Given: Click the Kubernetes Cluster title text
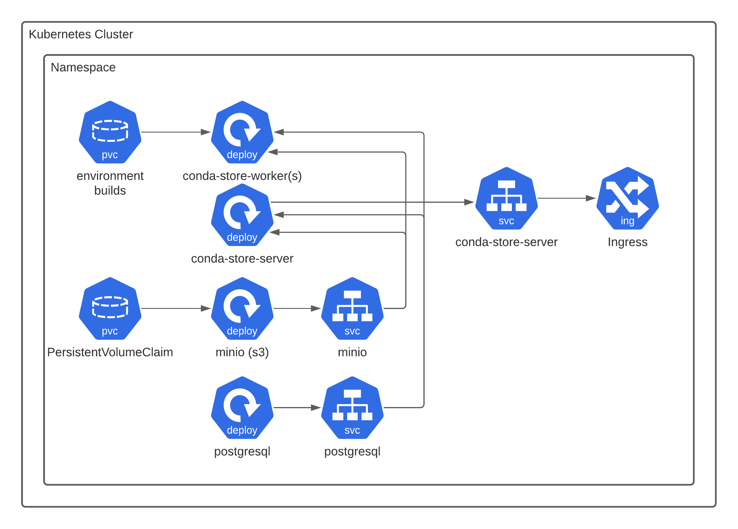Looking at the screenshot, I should (x=81, y=34).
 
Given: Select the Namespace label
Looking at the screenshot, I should (x=83, y=67).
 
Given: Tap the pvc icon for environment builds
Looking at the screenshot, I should (x=110, y=132).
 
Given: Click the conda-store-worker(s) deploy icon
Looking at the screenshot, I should (x=242, y=132).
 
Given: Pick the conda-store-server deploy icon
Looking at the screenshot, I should (x=242, y=215).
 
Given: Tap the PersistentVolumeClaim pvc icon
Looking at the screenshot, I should (x=110, y=308).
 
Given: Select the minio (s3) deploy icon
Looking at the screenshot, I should (x=242, y=308).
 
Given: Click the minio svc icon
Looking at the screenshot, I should (x=352, y=308).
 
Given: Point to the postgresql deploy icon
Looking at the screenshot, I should (x=242, y=408).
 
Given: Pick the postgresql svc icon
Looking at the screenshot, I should (x=352, y=408).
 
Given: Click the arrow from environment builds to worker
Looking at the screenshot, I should (x=176, y=132).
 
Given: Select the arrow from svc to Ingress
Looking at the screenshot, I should (x=566, y=198).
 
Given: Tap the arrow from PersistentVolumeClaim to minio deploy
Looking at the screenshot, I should (x=176, y=308).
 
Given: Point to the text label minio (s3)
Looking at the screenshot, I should (x=242, y=352).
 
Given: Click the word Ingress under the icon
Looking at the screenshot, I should (x=627, y=242).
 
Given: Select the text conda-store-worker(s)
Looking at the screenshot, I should (x=242, y=176).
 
